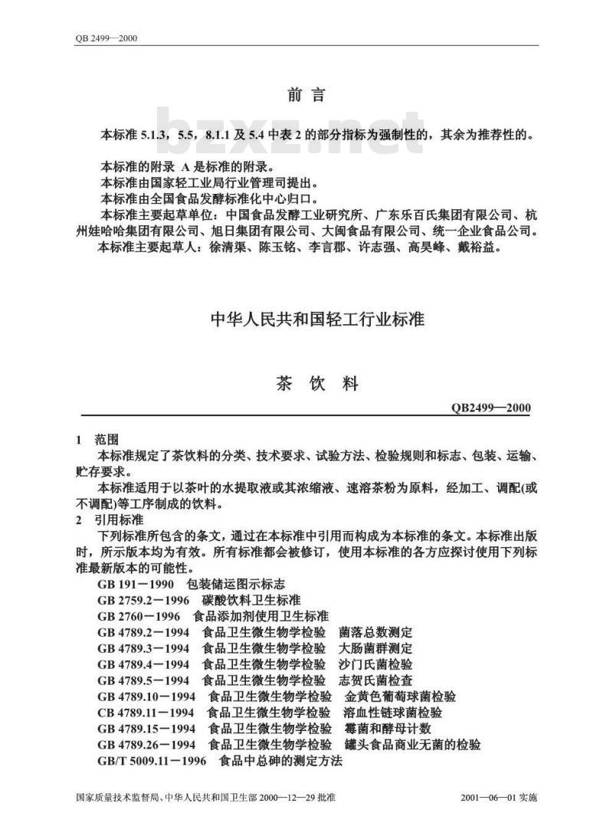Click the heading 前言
point(306,95)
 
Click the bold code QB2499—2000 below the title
point(491,408)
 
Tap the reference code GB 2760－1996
point(139,616)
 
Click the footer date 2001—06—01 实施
point(500,798)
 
